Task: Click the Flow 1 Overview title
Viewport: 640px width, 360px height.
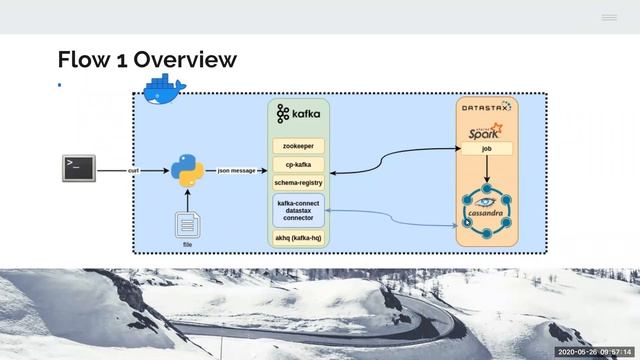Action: pyautogui.click(x=147, y=59)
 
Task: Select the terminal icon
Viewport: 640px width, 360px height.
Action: pyautogui.click(x=78, y=168)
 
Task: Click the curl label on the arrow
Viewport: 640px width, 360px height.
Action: pyautogui.click(x=133, y=171)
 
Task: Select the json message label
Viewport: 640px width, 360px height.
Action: pyautogui.click(x=236, y=171)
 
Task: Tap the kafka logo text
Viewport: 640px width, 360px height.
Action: pyautogui.click(x=299, y=114)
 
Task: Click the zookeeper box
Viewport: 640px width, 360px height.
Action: pyautogui.click(x=298, y=146)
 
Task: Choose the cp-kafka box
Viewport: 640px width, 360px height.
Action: pyautogui.click(x=298, y=164)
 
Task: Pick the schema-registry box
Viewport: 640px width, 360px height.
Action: pyautogui.click(x=298, y=183)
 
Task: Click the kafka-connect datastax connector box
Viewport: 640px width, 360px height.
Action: pyautogui.click(x=298, y=210)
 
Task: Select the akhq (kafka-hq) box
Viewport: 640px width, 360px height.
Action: pyautogui.click(x=298, y=238)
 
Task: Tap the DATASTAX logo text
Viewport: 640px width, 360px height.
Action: pyautogui.click(x=486, y=105)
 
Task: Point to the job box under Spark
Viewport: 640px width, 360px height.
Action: pyautogui.click(x=486, y=149)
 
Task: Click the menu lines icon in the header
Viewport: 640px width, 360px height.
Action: pyautogui.click(x=609, y=18)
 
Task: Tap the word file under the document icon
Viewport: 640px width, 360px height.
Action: pyautogui.click(x=187, y=244)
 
